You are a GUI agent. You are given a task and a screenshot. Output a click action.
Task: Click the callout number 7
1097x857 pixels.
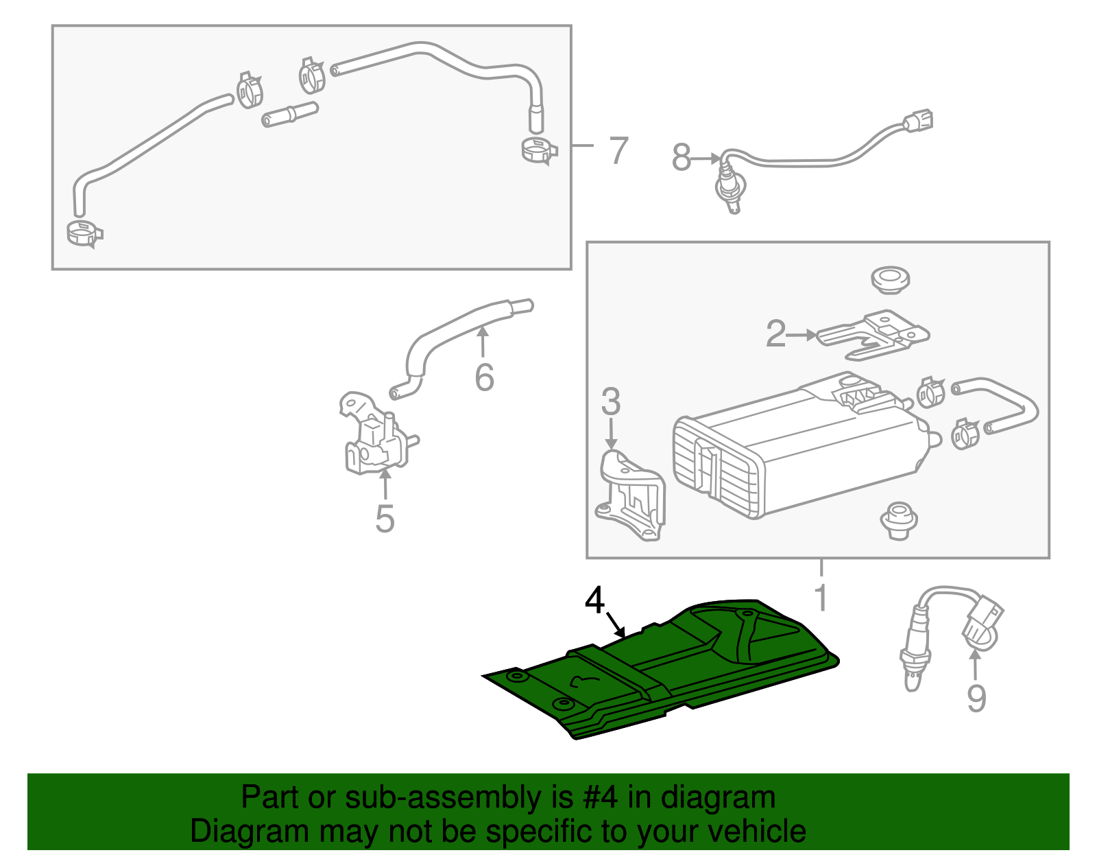point(618,150)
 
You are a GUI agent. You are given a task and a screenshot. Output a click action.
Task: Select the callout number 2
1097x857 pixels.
point(776,333)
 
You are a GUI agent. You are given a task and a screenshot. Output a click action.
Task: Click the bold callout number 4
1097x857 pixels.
point(594,601)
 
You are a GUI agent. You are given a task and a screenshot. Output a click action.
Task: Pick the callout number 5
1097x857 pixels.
point(385,519)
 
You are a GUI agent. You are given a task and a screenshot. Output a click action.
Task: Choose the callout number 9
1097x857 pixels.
point(976,698)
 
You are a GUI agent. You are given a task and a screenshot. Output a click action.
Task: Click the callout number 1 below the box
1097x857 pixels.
point(821,598)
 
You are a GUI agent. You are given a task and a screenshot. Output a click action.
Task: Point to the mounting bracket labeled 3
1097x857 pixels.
point(630,495)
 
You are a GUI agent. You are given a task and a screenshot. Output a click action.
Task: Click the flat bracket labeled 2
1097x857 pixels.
point(873,335)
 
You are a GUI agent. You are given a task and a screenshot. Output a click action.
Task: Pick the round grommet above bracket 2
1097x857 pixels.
point(891,280)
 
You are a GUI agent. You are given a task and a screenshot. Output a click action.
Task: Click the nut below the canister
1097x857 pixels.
point(899,521)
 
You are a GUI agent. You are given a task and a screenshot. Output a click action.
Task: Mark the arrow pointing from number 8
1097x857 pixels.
point(706,159)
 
